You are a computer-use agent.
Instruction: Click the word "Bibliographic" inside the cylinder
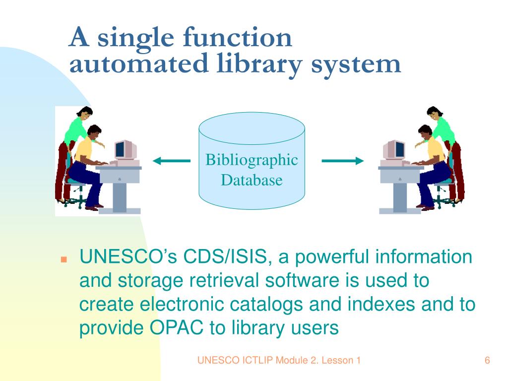click(x=252, y=160)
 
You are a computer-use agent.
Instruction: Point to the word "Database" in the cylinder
click(x=252, y=180)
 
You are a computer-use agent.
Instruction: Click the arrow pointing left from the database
click(x=172, y=161)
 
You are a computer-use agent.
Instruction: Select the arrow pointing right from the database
click(x=343, y=161)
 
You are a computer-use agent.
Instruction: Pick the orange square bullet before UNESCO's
click(x=63, y=259)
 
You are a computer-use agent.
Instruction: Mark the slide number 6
click(x=487, y=361)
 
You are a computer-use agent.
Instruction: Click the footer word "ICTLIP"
click(x=247, y=361)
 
